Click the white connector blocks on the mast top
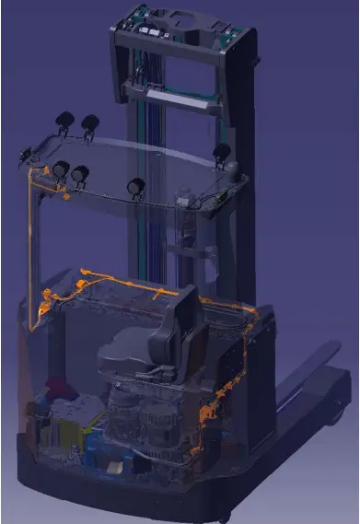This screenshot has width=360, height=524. point(148,29)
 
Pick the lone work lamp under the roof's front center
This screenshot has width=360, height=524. point(137,186)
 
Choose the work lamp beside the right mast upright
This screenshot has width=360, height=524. point(220,152)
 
